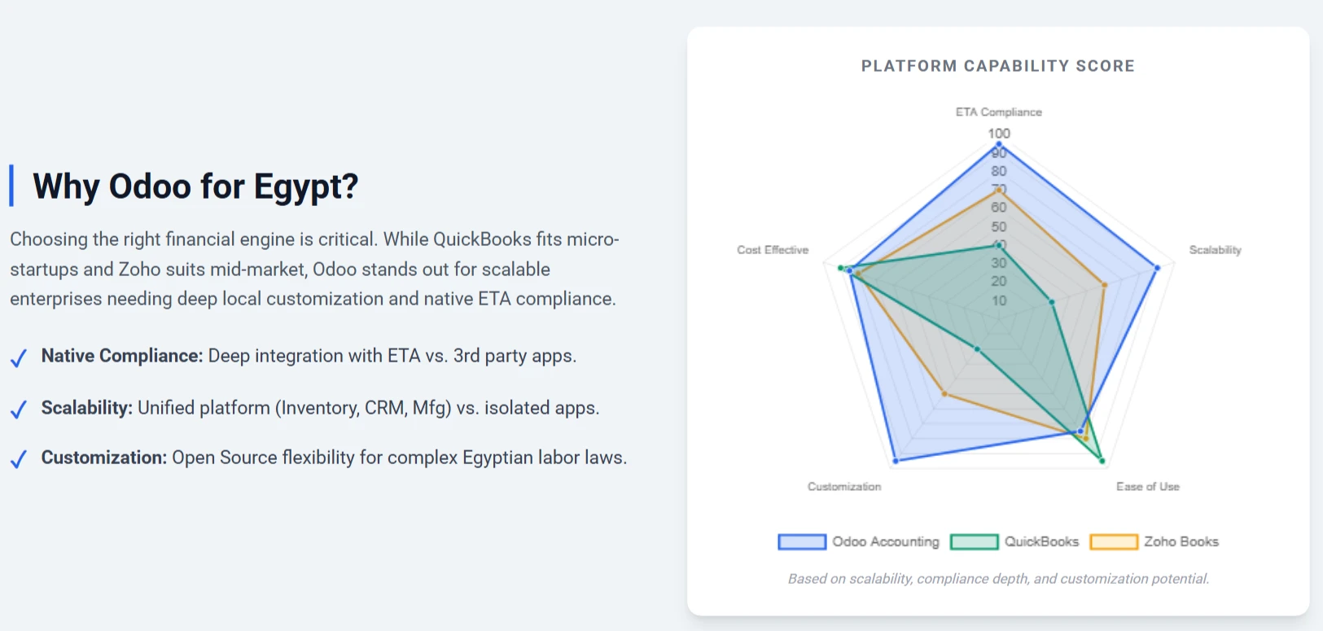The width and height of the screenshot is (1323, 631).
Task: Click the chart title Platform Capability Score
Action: point(997,66)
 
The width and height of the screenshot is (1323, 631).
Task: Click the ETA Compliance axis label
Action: point(999,112)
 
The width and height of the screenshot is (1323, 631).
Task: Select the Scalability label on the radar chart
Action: point(1215,250)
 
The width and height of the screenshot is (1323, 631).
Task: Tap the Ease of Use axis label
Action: point(1148,486)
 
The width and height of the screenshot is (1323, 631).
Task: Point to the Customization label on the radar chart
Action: point(844,486)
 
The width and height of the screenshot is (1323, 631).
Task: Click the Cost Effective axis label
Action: point(773,250)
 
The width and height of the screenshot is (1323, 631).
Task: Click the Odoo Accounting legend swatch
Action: point(802,541)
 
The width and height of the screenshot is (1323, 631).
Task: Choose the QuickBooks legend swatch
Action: point(975,541)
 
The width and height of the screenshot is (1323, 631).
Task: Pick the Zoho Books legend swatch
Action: point(1114,541)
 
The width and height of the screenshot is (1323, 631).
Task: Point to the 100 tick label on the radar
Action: point(999,134)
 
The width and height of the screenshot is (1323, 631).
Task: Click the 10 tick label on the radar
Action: point(999,300)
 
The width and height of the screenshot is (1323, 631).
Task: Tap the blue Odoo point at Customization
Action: point(896,461)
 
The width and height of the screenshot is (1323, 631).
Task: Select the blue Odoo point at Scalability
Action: point(1157,268)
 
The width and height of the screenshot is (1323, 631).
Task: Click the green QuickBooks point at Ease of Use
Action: point(1102,461)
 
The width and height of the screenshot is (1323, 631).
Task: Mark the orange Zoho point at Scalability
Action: point(1105,285)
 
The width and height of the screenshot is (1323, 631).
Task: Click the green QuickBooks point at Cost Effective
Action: point(841,268)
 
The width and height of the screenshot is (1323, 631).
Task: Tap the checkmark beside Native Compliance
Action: point(19,357)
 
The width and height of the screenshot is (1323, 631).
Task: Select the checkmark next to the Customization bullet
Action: point(19,459)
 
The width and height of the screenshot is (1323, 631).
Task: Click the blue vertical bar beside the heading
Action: point(11,186)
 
